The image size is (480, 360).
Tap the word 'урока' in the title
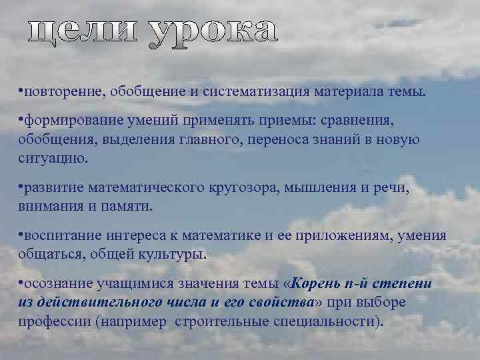tap(211, 31)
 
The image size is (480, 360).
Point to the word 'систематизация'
tap(255, 90)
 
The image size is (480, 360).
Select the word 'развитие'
tap(50, 189)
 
